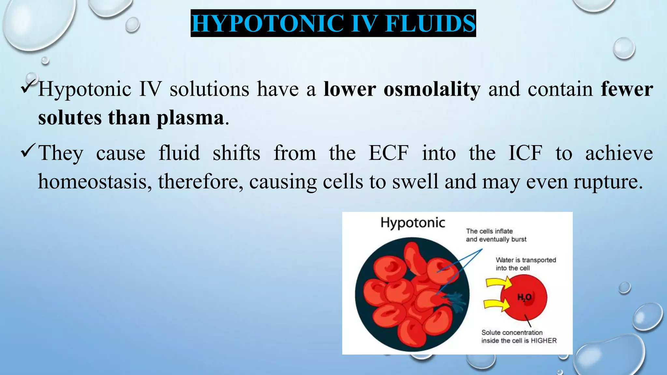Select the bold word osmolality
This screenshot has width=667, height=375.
tap(432, 89)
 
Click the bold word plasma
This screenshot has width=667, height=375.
tap(191, 118)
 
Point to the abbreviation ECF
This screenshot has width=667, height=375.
tap(388, 153)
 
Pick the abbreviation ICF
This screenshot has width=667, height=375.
tap(525, 153)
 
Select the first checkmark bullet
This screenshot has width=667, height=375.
tap(29, 86)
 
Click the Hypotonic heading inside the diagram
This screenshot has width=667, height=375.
tap(413, 223)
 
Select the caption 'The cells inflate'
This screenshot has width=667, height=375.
tap(489, 231)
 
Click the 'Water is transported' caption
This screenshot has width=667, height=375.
tap(526, 260)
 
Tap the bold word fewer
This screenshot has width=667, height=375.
tap(627, 89)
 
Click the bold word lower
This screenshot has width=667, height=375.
tap(350, 89)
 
